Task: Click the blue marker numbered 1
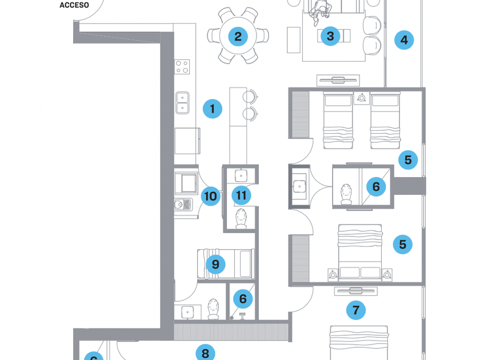coord(212,109)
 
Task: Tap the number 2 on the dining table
coord(238,37)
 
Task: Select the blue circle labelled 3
coord(330,37)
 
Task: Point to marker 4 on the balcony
coord(404,40)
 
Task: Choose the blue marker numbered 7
coord(356,310)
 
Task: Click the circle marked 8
coord(205,353)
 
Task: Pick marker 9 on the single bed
coord(215,264)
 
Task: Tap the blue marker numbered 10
coord(210,197)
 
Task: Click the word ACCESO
coord(74,5)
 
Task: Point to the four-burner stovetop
coord(182,66)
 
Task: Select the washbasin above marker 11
coord(241,175)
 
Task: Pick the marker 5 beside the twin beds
coord(407,160)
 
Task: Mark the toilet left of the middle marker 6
coord(346,194)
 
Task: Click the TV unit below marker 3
coord(338,79)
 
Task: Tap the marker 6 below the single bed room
coord(243,298)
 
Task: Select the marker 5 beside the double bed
coord(402,245)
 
